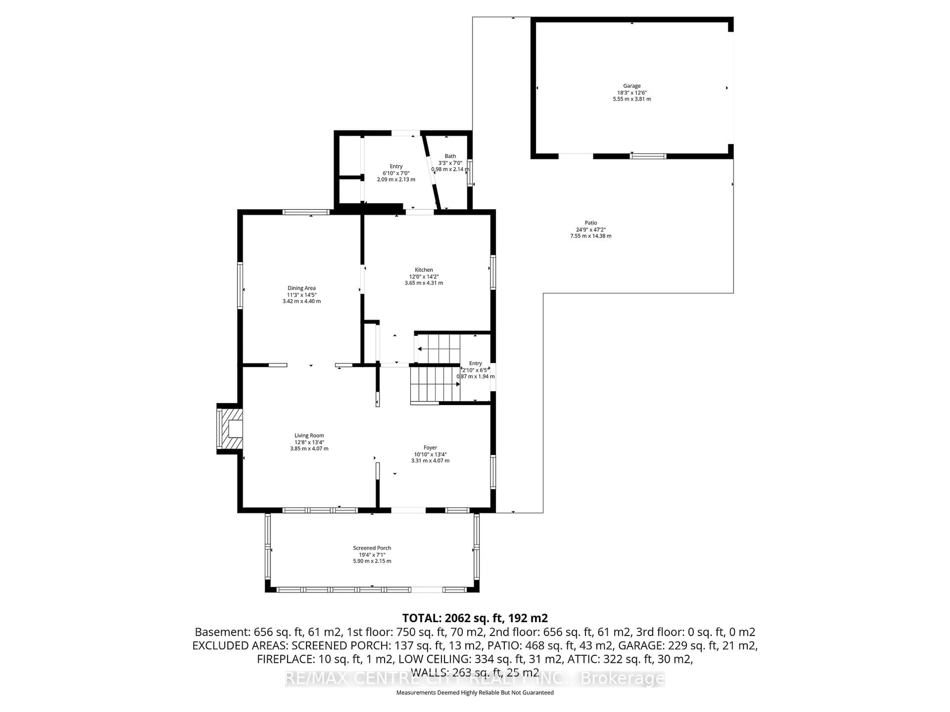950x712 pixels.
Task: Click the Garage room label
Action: click(632, 86)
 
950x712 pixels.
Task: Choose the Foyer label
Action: click(430, 448)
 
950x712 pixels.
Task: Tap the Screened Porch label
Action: click(372, 548)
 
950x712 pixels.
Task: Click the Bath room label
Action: click(450, 156)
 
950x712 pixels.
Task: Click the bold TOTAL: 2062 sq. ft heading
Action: click(475, 618)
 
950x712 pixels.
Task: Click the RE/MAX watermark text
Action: click(475, 679)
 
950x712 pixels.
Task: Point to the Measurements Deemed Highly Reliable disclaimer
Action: click(475, 693)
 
